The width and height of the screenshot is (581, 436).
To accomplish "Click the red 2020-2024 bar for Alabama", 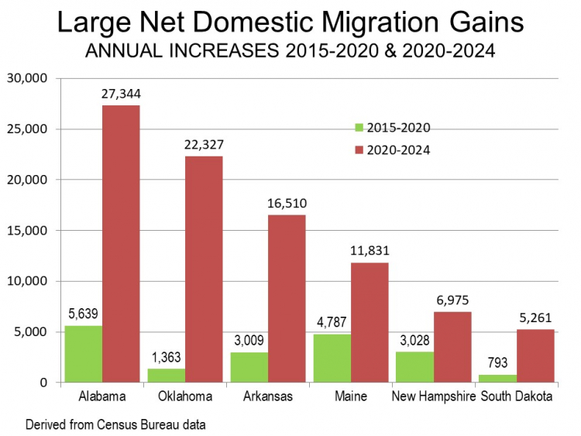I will pos(120,244).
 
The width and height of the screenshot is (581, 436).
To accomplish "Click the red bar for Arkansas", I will pos(286,299).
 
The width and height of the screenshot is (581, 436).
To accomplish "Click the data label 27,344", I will pos(120,94).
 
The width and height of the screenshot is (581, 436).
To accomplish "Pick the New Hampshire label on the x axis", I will pos(431,397).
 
